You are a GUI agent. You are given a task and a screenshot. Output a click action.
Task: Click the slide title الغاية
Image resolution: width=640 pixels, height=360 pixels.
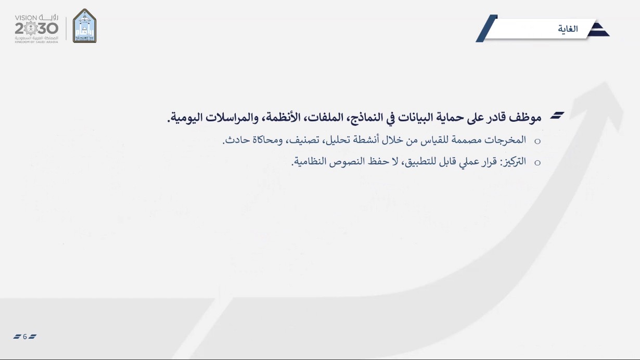(x=568, y=29)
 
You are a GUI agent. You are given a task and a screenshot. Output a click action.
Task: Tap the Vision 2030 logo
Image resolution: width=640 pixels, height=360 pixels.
(x=36, y=29)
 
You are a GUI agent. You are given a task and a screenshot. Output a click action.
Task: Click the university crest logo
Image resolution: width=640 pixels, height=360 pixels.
(x=85, y=26)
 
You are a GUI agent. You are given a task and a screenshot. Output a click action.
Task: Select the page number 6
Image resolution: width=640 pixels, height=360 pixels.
(x=25, y=337)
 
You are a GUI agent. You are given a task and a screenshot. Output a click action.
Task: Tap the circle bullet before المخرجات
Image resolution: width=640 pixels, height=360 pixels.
(x=537, y=141)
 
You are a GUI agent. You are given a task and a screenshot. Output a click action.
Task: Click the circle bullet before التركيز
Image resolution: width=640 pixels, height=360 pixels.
(x=537, y=163)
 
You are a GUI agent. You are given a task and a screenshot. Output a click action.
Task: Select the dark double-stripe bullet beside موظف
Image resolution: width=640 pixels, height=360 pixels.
(x=557, y=115)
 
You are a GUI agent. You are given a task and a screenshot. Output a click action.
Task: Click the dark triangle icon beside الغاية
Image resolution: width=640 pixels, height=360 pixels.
(x=599, y=30)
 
